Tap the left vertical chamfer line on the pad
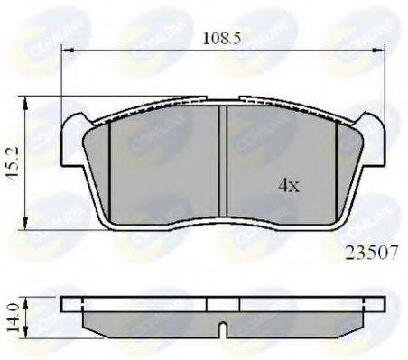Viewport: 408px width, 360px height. (x=108, y=167)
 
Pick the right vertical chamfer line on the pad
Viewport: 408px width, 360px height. (x=337, y=167)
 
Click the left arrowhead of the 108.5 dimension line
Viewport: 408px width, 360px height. (x=65, y=51)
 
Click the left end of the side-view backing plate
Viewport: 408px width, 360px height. (x=65, y=304)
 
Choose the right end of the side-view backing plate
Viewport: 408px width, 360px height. (x=378, y=304)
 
